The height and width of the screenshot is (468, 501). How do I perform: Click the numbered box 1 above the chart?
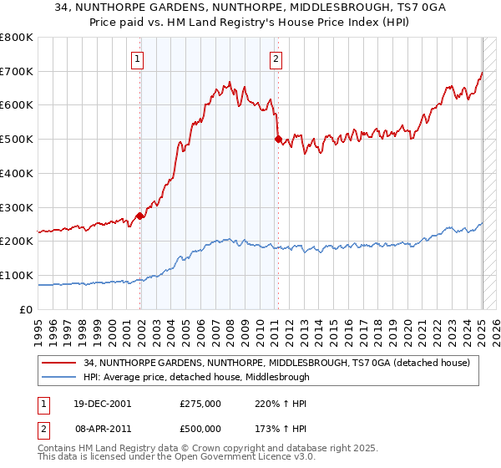pos(136,58)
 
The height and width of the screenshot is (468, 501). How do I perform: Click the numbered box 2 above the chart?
pos(276,58)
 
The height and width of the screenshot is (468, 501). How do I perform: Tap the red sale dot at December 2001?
pos(140,216)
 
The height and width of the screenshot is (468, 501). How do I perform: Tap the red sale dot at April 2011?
pos(278,140)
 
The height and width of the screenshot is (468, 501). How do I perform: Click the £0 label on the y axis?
pos(28,309)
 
